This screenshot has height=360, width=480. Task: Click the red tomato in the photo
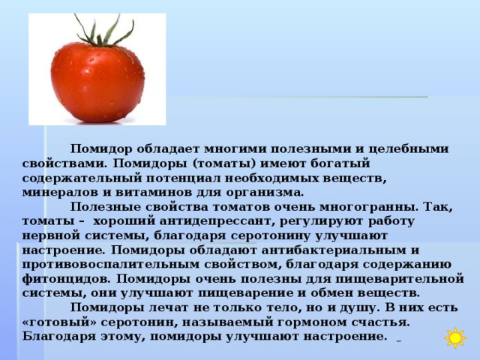97,83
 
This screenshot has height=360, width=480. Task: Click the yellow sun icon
455,337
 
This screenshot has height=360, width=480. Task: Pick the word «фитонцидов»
66,279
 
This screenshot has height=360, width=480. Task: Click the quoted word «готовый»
59,322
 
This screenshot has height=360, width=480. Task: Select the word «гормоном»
311,322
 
